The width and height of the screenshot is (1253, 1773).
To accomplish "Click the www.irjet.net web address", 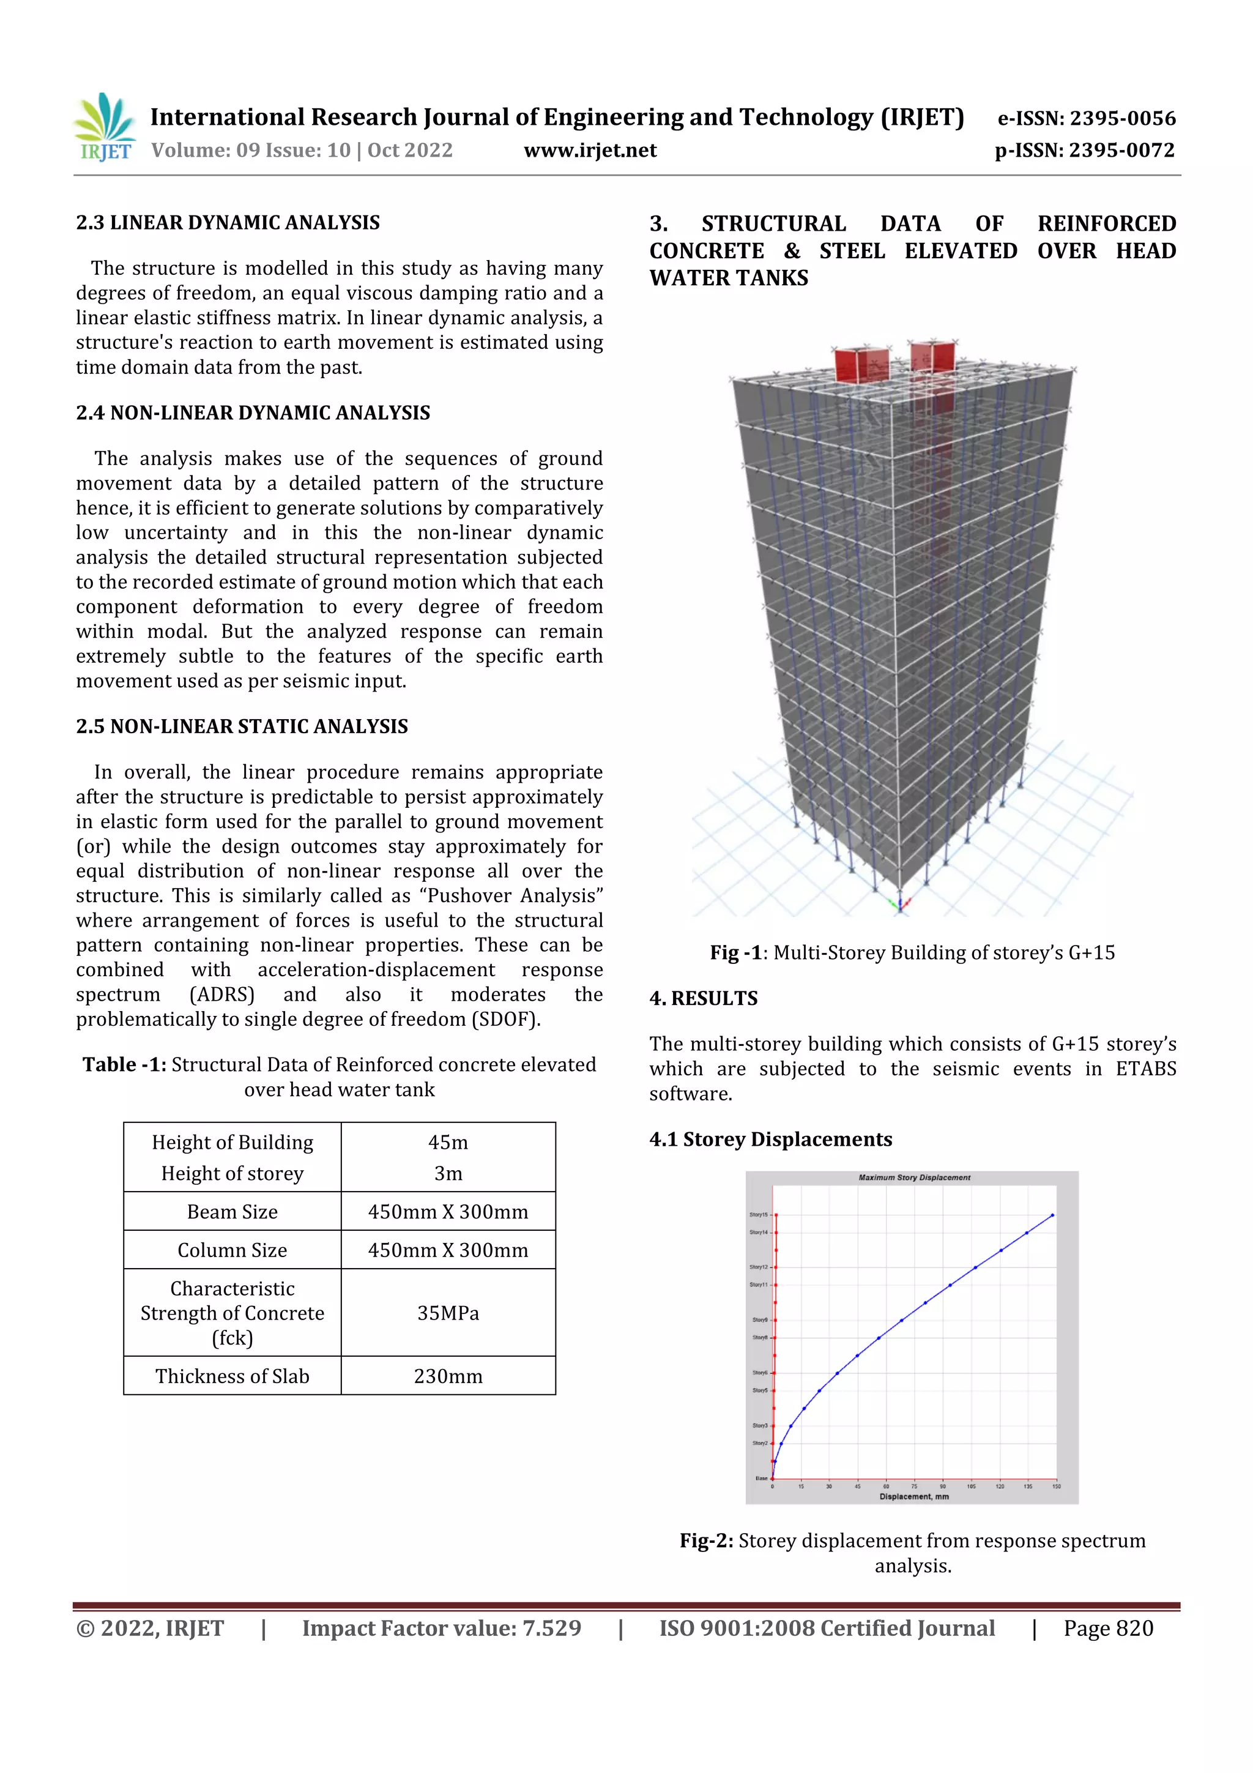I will point(590,150).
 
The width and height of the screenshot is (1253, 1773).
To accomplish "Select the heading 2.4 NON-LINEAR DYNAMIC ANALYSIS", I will point(253,412).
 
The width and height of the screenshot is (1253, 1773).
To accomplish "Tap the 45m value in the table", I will point(448,1141).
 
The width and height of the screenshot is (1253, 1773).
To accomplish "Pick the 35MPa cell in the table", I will point(448,1313).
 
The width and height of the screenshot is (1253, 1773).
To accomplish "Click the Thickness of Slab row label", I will point(232,1376).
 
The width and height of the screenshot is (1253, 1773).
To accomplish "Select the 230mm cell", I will point(448,1376).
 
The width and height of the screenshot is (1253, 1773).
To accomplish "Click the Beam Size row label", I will point(232,1212).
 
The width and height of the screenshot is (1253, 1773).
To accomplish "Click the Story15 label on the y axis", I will point(758,1215).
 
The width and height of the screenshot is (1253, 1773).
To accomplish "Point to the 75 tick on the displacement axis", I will point(914,1486).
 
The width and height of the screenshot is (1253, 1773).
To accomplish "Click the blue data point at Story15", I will point(1052,1215).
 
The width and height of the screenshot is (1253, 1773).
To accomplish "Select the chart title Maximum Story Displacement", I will point(914,1178).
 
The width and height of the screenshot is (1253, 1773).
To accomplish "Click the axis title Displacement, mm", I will point(914,1496).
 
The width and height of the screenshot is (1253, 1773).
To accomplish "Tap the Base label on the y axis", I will point(761,1478).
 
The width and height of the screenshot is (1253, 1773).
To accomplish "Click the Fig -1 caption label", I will point(735,952).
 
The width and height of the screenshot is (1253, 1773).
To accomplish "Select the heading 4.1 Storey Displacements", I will point(770,1139).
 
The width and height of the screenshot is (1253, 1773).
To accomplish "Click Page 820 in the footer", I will point(1108,1628).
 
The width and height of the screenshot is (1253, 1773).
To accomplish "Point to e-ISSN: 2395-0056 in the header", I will point(1086,118).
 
